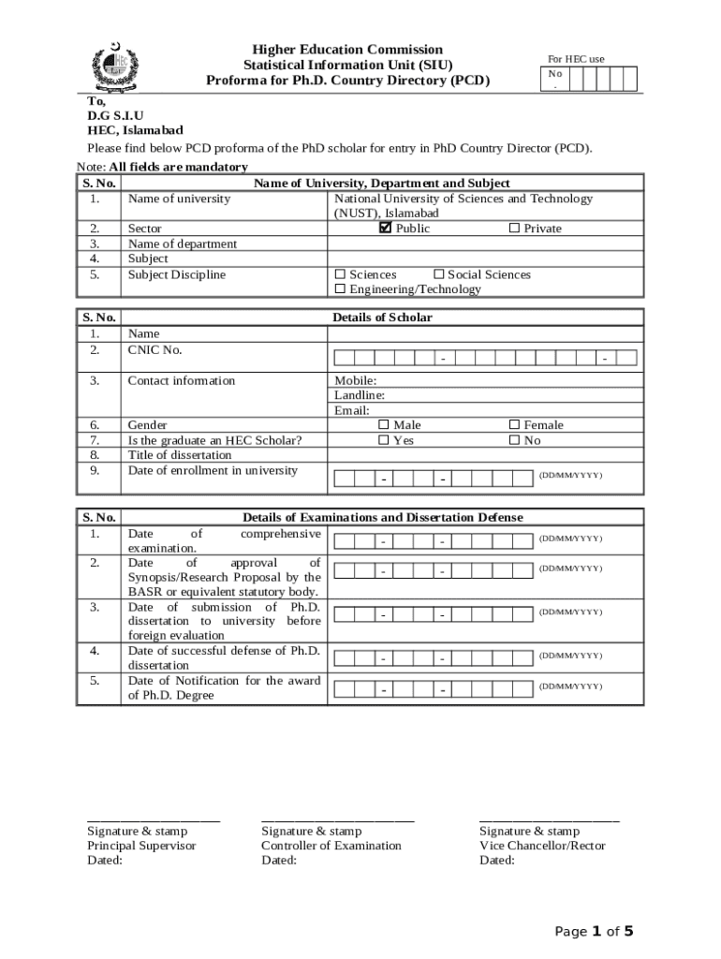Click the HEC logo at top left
pyautogui.click(x=114, y=65)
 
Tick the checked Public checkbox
pyautogui.click(x=385, y=228)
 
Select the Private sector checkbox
pyautogui.click(x=514, y=229)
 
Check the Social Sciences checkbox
pyautogui.click(x=438, y=274)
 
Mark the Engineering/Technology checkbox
pyautogui.click(x=340, y=289)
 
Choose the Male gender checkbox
pyautogui.click(x=383, y=425)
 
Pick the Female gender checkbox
pyautogui.click(x=513, y=425)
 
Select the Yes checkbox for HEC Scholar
pyautogui.click(x=383, y=440)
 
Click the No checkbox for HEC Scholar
pyautogui.click(x=513, y=440)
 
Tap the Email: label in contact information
pyautogui.click(x=352, y=410)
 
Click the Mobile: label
pyautogui.click(x=356, y=380)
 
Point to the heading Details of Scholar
pyautogui.click(x=382, y=317)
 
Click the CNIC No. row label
pyautogui.click(x=154, y=350)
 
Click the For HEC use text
pyautogui.click(x=576, y=59)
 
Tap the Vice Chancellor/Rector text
pyautogui.click(x=542, y=846)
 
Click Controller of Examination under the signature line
pyautogui.click(x=331, y=846)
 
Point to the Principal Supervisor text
pyautogui.click(x=141, y=846)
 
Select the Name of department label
pyautogui.click(x=182, y=243)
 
